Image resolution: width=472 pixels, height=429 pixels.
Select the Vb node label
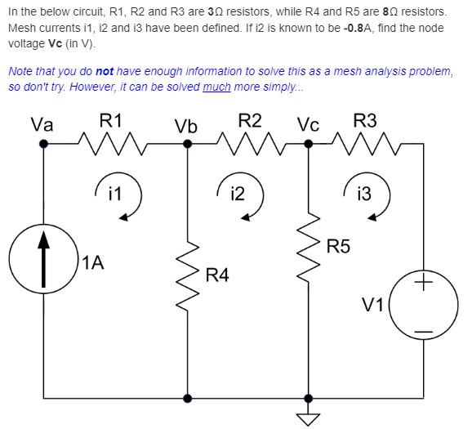point(185,127)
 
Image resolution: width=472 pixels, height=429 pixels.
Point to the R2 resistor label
point(250,120)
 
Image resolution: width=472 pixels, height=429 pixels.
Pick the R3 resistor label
point(365,120)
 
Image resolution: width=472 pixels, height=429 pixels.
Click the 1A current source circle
point(44,262)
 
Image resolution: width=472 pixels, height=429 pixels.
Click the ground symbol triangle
point(309,419)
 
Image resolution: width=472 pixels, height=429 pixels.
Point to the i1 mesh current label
point(115,194)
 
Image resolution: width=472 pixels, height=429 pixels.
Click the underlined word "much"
point(216,86)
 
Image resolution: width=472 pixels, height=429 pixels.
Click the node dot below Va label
point(44,144)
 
